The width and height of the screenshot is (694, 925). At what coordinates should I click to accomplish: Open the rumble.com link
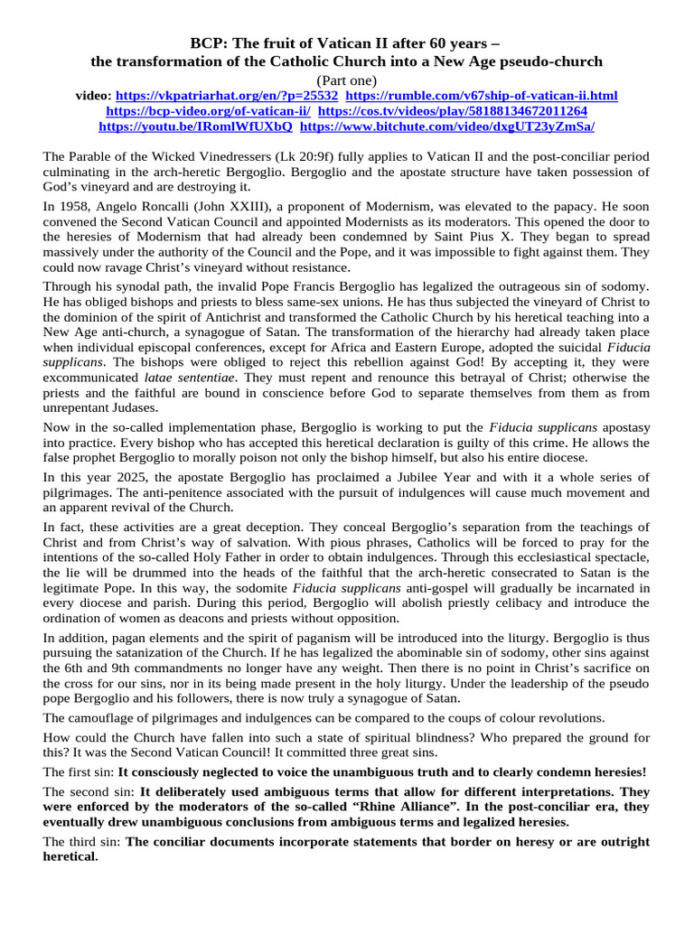coord(483,95)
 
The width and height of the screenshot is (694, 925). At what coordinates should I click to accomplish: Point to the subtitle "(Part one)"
coord(346,79)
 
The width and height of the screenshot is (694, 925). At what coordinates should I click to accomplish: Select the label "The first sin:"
coord(79,771)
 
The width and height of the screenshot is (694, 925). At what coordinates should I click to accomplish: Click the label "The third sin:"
coord(81,842)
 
